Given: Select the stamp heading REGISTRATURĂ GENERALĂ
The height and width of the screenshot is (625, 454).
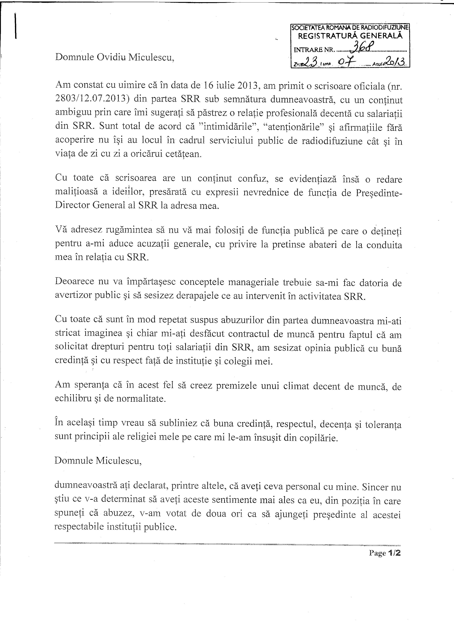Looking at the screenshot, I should click(350, 36).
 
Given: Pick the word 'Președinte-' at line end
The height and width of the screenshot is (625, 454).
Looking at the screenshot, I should click(379, 192).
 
